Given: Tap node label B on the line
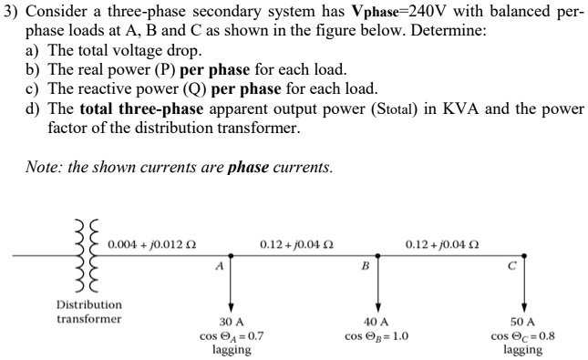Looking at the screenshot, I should pos(366,267).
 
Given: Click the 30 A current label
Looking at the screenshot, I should pos(232,323).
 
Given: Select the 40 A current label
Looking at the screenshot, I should pos(377,323).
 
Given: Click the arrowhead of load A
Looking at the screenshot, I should pos(232,310).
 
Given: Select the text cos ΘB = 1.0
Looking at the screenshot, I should pos(377,336).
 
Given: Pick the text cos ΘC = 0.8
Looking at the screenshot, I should pos(523,336).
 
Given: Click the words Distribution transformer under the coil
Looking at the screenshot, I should pos(88,312).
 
